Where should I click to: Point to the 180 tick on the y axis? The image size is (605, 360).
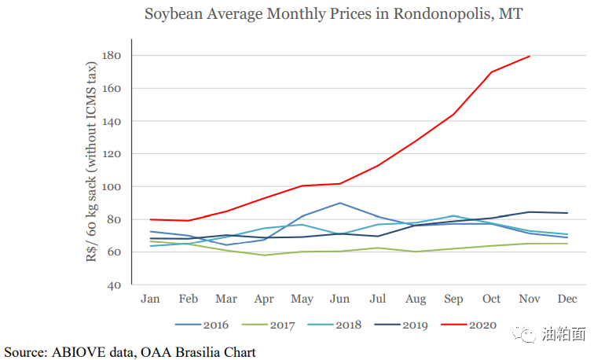(x=110, y=56)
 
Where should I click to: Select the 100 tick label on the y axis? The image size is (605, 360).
(x=110, y=187)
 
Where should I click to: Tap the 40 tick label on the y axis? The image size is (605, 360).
(x=113, y=285)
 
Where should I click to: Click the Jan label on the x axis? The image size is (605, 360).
(x=150, y=299)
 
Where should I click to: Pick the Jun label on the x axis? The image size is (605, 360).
(x=339, y=299)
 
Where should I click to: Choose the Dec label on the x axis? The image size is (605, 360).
(x=568, y=299)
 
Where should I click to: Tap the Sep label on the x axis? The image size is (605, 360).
(x=453, y=299)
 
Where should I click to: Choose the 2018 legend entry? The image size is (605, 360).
(x=346, y=325)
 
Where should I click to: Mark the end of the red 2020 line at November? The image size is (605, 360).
(x=530, y=57)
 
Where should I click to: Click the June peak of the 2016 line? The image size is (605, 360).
(x=339, y=203)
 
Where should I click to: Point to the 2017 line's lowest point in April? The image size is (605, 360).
(x=264, y=255)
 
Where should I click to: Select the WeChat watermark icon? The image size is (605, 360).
(x=524, y=334)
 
